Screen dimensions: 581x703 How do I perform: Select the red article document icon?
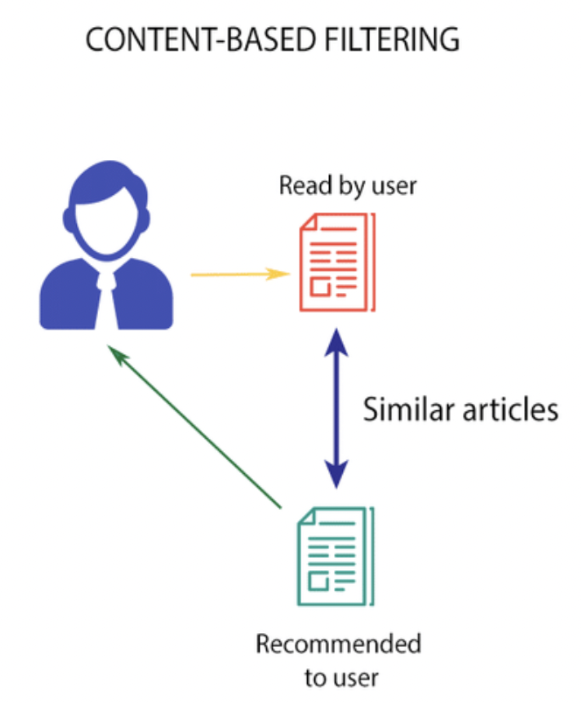click(x=336, y=261)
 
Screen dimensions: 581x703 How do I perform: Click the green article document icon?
click(x=336, y=557)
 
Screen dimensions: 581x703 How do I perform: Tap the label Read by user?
click(x=336, y=186)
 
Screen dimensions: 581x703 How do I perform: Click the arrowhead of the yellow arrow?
click(x=281, y=275)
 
